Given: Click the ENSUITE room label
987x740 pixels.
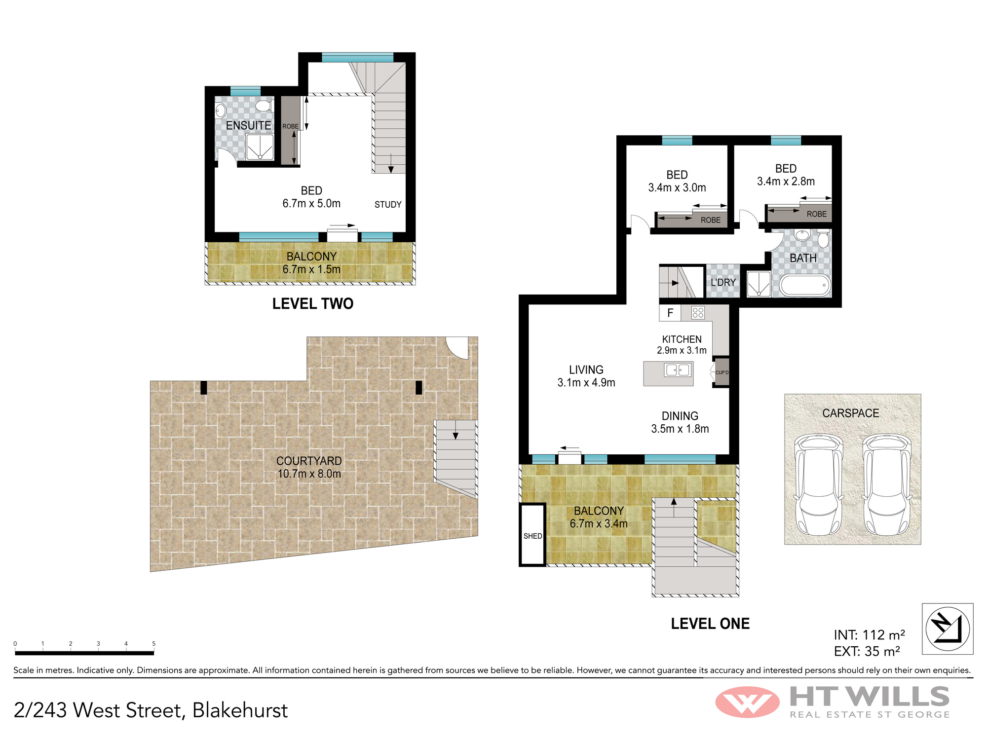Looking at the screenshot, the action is pos(249,126).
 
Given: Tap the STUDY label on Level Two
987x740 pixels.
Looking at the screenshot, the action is pos(388,205).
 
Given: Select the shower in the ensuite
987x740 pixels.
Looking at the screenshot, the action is pos(260,147).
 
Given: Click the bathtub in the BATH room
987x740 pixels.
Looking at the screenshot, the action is pos(805,286).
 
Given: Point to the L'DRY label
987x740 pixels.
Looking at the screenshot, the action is pos(723,282).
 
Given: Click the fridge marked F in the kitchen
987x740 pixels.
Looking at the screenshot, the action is pos(670,313).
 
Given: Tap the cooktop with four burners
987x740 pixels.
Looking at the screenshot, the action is pos(698,313).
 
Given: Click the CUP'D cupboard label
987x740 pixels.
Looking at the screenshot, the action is pos(722,372).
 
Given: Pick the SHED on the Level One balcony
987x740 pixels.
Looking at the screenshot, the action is pos(532,535).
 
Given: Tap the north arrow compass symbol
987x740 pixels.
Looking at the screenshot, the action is pos(948,629).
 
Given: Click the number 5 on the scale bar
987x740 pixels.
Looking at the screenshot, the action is pos(153,644).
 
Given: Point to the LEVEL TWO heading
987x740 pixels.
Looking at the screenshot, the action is pos(313,304).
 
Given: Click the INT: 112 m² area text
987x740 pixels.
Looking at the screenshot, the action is pos(869,635).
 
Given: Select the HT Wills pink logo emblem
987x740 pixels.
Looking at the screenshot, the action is pos(747,702).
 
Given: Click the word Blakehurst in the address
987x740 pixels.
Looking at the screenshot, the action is pos(240,710).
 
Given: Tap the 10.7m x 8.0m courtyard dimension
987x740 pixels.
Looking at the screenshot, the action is pos(309,474).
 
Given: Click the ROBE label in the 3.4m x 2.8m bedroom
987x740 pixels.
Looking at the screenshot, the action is pos(816,214).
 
